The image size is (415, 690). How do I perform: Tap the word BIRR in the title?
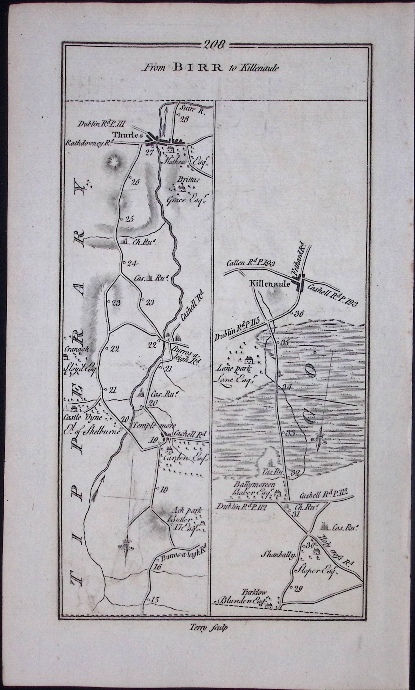(x=198, y=67)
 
